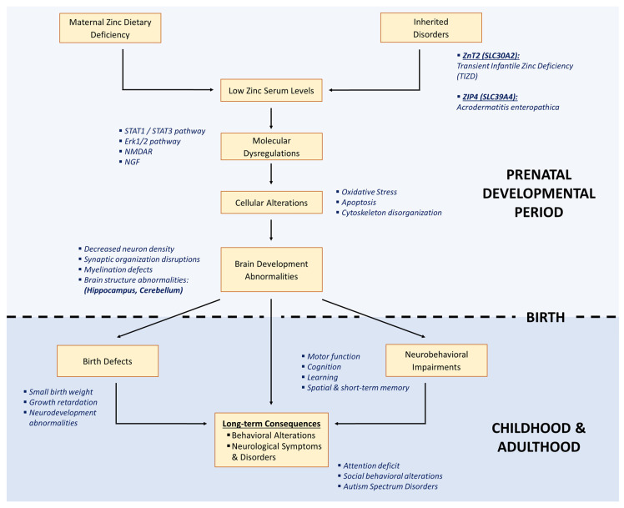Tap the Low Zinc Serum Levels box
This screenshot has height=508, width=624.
pyautogui.click(x=272, y=89)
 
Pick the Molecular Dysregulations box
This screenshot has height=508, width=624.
pyautogui.click(x=272, y=148)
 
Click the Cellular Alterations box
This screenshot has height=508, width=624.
pyautogui.click(x=272, y=202)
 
